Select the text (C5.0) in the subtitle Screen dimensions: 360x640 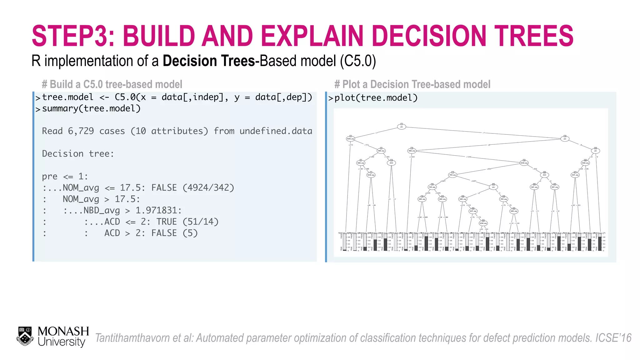click(358, 61)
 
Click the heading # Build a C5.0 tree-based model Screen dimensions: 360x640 click(112, 84)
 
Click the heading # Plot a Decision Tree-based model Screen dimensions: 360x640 click(412, 84)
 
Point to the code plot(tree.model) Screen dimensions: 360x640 click(376, 98)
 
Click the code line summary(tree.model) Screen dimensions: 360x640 click(91, 108)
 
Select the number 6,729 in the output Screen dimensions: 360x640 click(81, 131)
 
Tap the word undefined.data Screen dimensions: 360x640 click(276, 131)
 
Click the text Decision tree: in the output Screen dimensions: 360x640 click(78, 154)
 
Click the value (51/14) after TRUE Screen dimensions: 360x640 click(200, 222)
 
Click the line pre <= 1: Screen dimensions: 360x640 click(65, 177)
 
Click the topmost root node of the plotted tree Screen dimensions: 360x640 click(402, 127)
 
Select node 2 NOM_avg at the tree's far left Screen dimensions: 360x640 click(350, 139)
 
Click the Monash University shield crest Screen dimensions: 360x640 click(25, 336)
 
